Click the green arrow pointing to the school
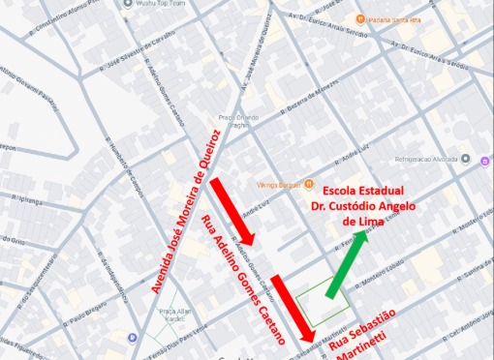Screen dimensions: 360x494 click(347, 265)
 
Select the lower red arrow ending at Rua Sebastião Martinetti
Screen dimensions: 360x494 click(293, 309)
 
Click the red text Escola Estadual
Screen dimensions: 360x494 click(364, 190)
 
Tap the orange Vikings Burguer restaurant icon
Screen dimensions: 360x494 click(308, 183)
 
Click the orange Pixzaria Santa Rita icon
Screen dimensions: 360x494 click(359, 18)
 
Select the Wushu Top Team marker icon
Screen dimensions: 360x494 click(129, 4)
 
